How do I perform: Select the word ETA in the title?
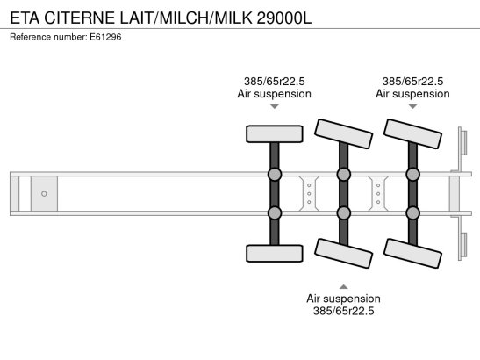tap(24, 15)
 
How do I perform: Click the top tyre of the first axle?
tap(274, 133)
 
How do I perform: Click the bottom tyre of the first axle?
tap(274, 254)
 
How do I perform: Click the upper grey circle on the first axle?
tap(274, 175)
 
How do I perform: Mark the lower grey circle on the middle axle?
tap(343, 212)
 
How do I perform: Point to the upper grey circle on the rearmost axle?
tap(412, 175)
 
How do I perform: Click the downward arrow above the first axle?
tap(274, 107)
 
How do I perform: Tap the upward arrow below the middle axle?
tap(343, 285)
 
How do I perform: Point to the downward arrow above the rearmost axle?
tap(412, 107)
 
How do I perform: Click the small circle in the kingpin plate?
tap(44, 192)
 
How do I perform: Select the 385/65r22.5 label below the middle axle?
tap(343, 311)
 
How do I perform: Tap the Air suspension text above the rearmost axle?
tap(412, 94)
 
